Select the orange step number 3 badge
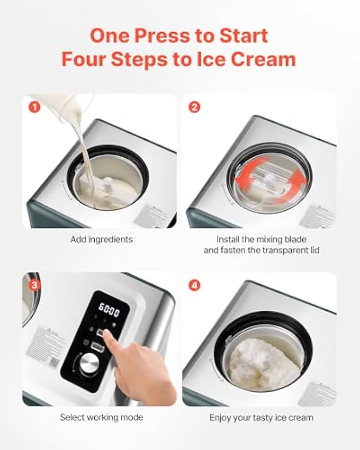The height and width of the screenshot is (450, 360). [x=34, y=285]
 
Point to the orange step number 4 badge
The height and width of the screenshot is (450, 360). [x=195, y=285]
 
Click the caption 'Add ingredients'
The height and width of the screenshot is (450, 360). [x=101, y=239]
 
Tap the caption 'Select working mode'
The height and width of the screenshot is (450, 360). [x=101, y=417]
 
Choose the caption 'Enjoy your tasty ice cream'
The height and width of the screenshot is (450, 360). [x=261, y=417]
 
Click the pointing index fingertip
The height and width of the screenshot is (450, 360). [x=107, y=333]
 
